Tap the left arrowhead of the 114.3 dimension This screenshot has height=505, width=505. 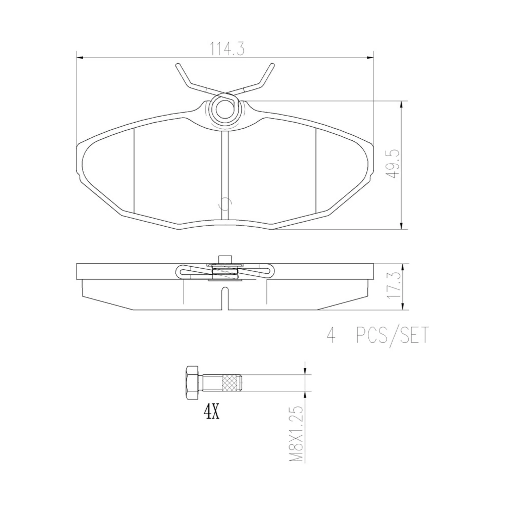pyautogui.click(x=80, y=57)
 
